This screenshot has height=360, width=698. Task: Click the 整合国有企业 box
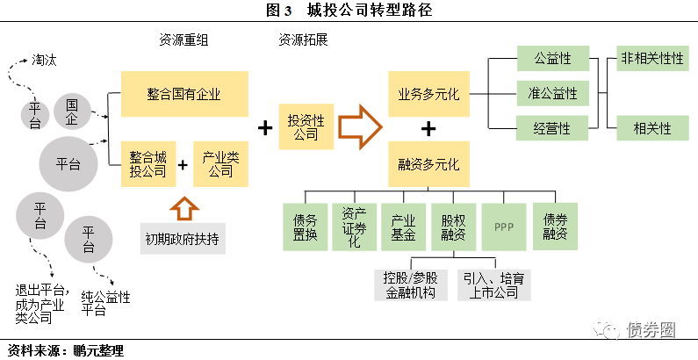click(x=184, y=93)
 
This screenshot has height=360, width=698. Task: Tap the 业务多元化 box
click(x=428, y=93)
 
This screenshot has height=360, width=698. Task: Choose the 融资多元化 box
click(x=428, y=163)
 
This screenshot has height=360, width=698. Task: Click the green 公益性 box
click(x=552, y=59)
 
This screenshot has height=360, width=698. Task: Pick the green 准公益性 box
click(x=552, y=93)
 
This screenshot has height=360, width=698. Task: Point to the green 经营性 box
click(x=552, y=128)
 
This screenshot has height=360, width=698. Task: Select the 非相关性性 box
click(x=651, y=59)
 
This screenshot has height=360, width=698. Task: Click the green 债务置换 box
click(x=305, y=227)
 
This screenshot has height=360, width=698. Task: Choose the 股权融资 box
click(x=454, y=227)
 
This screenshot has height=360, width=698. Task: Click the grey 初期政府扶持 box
click(x=183, y=238)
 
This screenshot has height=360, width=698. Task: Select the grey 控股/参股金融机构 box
click(x=409, y=285)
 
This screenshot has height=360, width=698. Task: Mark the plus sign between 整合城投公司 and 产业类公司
click(x=183, y=164)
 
